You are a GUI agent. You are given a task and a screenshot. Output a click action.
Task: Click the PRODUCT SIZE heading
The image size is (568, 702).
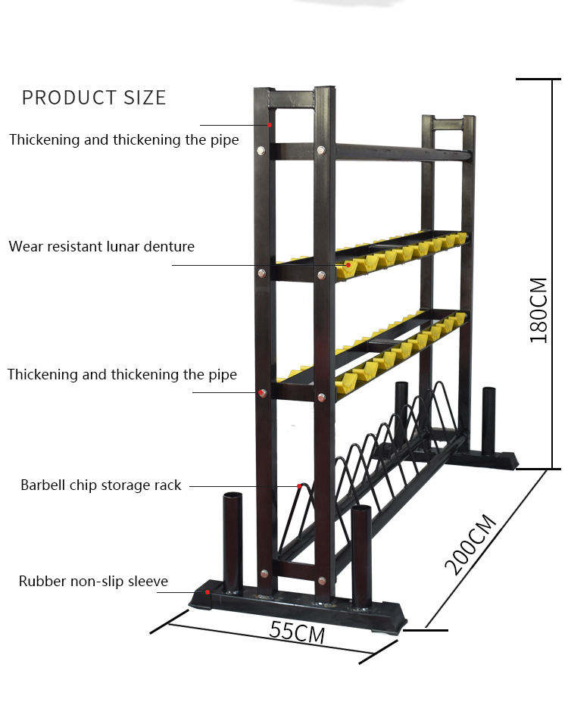(x=93, y=98)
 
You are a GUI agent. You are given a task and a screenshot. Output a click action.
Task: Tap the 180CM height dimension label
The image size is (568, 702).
(x=538, y=310)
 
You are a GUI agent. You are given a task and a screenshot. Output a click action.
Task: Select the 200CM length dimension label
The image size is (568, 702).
(x=470, y=544)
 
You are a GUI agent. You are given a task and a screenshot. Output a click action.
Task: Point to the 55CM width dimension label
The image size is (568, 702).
(x=297, y=630)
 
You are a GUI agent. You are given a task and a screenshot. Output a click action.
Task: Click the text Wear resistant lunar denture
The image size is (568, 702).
(x=101, y=246)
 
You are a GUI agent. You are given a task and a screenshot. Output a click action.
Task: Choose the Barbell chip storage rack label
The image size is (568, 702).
(x=101, y=485)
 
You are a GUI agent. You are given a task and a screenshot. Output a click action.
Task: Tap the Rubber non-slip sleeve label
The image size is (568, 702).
(x=93, y=582)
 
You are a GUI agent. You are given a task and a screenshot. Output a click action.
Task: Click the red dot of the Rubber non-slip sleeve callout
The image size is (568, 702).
(x=208, y=592)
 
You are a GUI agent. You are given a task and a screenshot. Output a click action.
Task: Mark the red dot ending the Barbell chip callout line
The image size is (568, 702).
(x=299, y=486)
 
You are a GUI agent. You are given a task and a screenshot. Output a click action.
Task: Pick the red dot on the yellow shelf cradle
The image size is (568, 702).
(x=348, y=265)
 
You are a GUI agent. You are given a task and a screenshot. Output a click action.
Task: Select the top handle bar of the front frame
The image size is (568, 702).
(x=293, y=98)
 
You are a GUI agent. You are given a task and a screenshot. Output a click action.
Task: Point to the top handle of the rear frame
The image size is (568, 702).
(x=448, y=123)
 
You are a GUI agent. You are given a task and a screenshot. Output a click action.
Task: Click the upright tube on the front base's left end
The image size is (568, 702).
(x=233, y=541)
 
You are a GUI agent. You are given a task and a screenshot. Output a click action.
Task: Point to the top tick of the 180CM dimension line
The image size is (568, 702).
(x=538, y=79)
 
